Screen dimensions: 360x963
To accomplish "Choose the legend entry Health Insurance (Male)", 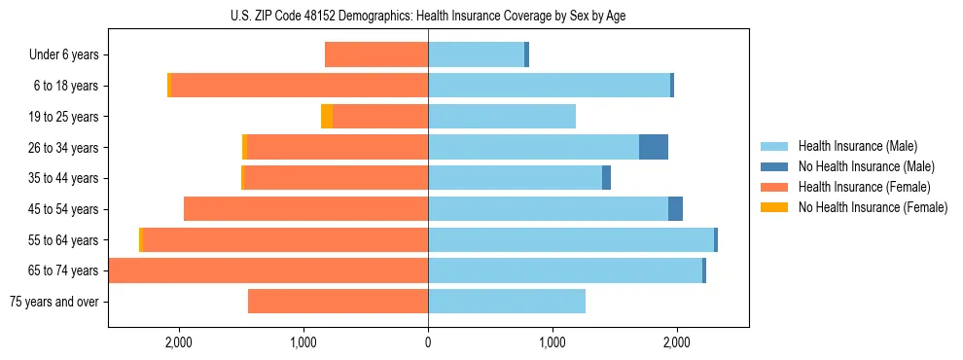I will [857, 146].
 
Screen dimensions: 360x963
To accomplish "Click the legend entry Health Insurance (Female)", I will [864, 187].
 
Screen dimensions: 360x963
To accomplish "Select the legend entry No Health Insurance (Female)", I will [872, 207].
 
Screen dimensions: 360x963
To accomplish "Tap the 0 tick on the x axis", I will [428, 342].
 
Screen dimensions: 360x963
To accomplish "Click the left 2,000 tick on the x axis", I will [179, 342].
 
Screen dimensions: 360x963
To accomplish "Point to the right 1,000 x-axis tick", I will [553, 342].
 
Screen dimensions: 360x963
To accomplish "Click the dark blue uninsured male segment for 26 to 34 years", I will [654, 147].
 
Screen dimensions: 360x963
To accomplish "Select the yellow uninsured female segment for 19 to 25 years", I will [327, 117].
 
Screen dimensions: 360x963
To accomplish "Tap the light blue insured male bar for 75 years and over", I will [507, 302].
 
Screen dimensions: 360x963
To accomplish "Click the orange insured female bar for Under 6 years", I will [376, 55].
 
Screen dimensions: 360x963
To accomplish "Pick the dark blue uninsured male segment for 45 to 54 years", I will [675, 209].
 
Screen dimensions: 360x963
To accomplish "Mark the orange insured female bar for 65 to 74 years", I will [268, 270].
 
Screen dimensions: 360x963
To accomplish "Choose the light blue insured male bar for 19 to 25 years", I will [502, 117].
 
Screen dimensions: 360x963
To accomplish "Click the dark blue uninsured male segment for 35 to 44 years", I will [606, 178].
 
